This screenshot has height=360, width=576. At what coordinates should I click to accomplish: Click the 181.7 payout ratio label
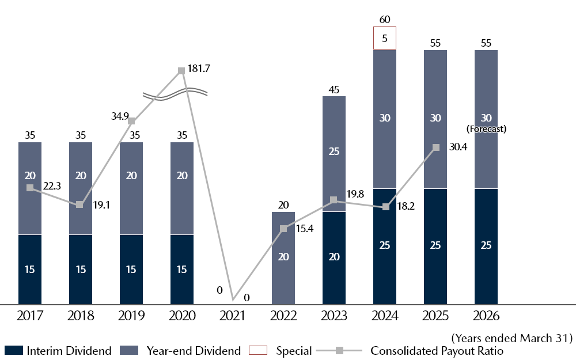point(199,69)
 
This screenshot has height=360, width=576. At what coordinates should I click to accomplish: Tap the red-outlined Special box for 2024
point(384,39)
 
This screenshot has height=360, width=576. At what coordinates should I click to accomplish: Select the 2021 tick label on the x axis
point(233,316)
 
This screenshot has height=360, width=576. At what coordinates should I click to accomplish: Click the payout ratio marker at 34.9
point(131,121)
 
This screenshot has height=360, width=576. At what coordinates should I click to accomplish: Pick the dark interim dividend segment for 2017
point(30,269)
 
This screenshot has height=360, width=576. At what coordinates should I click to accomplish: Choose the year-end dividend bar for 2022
point(283,257)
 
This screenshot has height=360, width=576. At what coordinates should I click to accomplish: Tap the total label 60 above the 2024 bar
point(385,20)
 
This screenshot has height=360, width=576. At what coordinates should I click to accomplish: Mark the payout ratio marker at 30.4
point(435,147)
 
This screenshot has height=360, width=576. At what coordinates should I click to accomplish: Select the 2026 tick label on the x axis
point(486,316)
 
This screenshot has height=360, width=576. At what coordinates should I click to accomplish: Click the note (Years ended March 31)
point(512,338)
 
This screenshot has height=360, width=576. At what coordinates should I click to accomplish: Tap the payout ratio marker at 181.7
point(181,70)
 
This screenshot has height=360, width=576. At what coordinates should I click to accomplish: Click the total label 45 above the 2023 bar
point(334,89)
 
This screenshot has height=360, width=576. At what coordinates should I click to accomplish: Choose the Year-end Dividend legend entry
point(181,350)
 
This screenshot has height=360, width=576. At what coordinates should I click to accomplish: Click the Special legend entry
point(281,350)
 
